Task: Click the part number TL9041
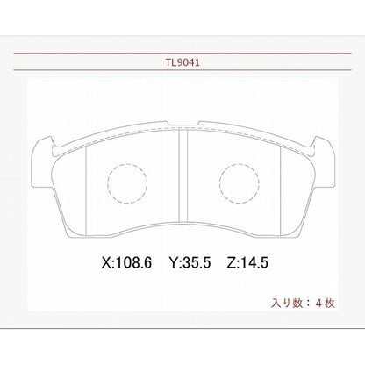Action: coord(182,64)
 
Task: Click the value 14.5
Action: coord(258,261)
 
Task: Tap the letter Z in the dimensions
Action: coord(230,261)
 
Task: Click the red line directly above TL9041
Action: coord(182,54)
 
